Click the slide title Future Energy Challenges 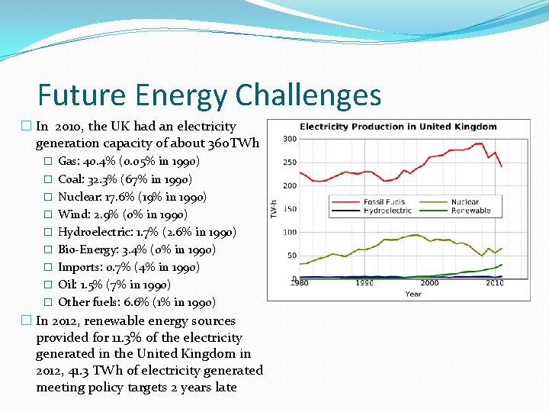tap(209, 95)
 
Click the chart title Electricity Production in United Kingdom tap(398, 127)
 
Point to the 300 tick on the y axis tap(290, 139)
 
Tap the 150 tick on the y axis tap(290, 209)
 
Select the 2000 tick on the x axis tap(429, 283)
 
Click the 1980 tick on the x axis tap(300, 283)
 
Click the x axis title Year tap(413, 293)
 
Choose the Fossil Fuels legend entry tap(384, 202)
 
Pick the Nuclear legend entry tap(464, 202)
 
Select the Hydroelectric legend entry tap(389, 211)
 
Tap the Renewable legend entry tap(470, 211)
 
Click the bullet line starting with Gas tap(128, 162)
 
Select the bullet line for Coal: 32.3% tap(124, 179)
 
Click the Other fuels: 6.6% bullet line tap(136, 302)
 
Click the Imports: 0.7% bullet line tap(128, 267)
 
